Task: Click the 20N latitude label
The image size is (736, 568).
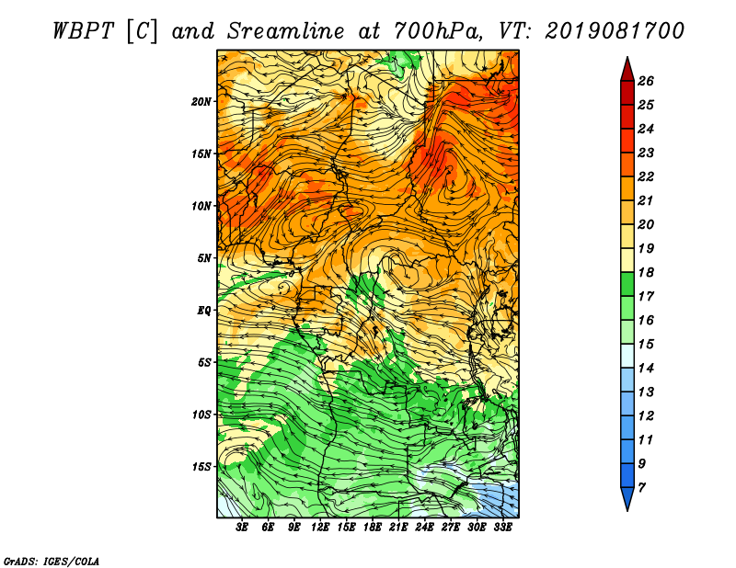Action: (201, 102)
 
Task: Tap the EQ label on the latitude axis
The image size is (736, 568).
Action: (204, 311)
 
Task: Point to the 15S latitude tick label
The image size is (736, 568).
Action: (201, 467)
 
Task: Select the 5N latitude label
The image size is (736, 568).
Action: (204, 258)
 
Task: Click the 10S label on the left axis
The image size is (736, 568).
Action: (201, 415)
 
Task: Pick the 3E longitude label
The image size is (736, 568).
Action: (242, 528)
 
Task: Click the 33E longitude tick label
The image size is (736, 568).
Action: (502, 528)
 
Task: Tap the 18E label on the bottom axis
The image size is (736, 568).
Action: (373, 528)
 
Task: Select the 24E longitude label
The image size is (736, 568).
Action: (424, 528)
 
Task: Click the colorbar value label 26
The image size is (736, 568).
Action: (646, 81)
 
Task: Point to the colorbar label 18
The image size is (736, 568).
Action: (646, 272)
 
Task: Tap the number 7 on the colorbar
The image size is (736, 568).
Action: (641, 488)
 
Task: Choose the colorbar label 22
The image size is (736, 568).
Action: (646, 176)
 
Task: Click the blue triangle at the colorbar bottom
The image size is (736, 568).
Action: (627, 497)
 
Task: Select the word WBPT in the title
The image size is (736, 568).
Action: (83, 31)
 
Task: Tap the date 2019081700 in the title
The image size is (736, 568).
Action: (615, 31)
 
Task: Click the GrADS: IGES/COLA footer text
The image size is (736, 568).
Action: (52, 562)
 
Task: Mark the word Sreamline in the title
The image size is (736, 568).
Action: (286, 31)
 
